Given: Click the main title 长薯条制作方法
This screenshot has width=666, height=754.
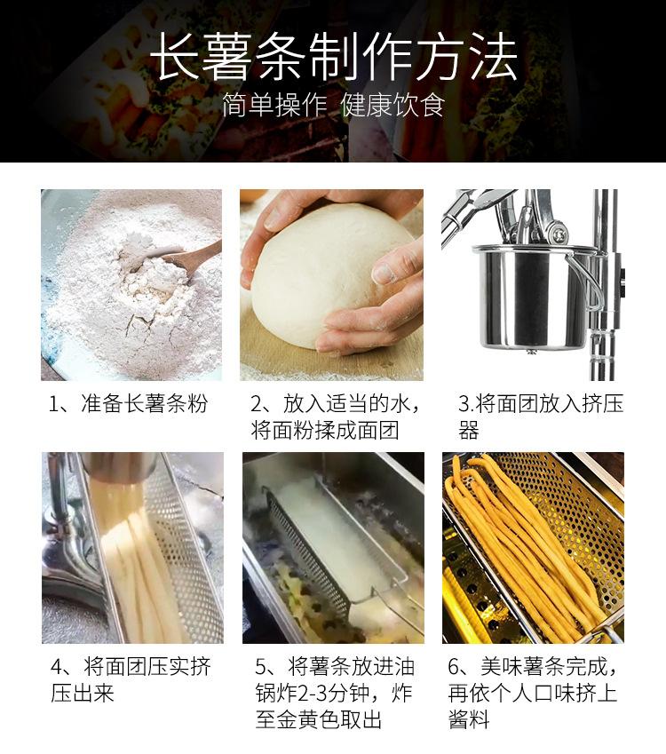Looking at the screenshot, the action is (x=333, y=57).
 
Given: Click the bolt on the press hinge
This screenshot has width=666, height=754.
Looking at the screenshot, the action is (x=559, y=234).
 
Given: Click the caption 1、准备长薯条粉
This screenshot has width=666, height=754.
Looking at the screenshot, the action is (x=129, y=403).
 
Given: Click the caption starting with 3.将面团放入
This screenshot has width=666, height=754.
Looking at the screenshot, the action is (x=540, y=417).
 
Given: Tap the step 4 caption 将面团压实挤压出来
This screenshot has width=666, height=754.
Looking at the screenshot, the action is (x=131, y=680).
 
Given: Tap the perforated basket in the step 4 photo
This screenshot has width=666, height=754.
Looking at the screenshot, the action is (x=187, y=553).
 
